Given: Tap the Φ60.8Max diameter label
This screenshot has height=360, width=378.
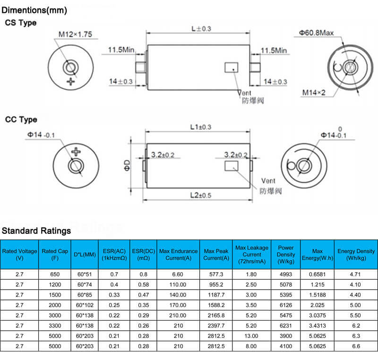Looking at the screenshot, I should click(316, 33).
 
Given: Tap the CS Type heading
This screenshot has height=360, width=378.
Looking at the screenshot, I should click(21, 23).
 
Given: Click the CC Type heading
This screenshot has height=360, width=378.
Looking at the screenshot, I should click(21, 120).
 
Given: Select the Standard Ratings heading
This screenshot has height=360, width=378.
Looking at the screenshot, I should click(36, 231).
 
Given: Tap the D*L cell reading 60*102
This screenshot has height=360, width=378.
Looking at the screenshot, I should click(85, 305).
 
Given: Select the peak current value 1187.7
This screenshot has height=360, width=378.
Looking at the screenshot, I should click(216, 295).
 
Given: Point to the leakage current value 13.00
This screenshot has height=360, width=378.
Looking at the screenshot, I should click(251, 336).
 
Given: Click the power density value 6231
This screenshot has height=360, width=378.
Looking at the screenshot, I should click(286, 326).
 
